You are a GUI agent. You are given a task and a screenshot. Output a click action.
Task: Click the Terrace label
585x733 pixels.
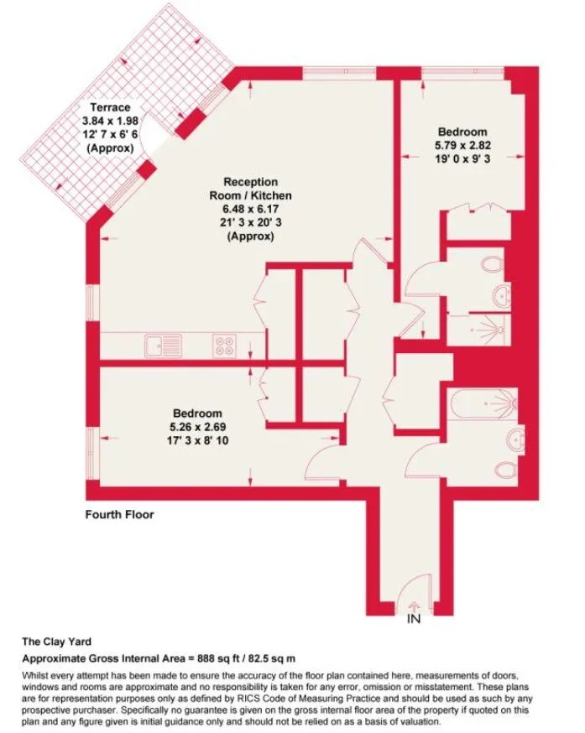tap(110, 107)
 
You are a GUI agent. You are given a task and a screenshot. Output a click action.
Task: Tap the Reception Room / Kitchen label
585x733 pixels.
tap(250, 189)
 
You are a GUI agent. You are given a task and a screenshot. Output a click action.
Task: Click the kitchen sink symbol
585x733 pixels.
tap(163, 346)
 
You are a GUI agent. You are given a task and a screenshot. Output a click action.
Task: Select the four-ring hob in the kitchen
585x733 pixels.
tap(224, 346)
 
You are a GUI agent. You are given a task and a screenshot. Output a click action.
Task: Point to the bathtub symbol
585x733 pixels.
tap(483, 403)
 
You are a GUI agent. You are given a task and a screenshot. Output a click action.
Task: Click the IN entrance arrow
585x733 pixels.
tap(414, 606)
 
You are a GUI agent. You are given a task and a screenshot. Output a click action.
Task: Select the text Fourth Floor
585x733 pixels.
tap(119, 515)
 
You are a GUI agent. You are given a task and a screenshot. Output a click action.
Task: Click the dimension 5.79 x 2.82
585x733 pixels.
tap(462, 145)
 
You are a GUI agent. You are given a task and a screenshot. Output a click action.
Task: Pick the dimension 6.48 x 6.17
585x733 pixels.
tap(250, 209)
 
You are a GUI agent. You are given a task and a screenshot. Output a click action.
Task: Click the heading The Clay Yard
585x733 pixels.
tap(56, 642)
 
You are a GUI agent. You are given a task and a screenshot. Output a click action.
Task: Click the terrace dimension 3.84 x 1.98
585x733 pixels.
tap(111, 121)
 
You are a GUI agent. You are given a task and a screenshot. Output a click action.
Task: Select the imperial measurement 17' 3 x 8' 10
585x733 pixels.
tap(197, 440)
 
